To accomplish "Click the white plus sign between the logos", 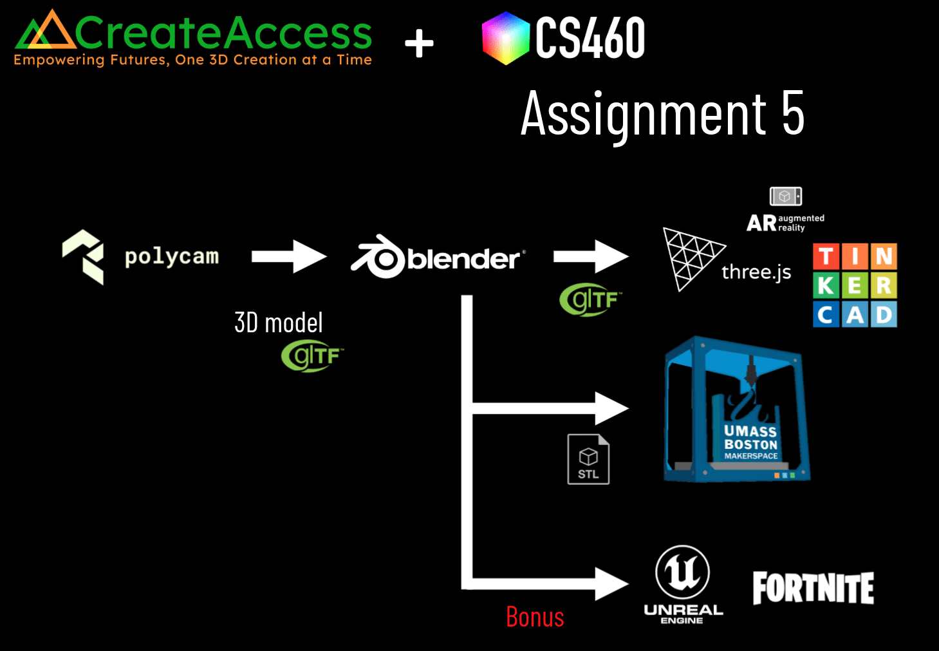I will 419,44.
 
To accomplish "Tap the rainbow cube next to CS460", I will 506,39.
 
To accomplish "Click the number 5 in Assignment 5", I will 793,113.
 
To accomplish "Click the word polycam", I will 172,256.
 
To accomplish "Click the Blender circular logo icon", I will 382,258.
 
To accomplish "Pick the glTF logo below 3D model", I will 312,356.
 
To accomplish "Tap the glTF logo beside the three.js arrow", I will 590,300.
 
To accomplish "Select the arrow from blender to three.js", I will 590,256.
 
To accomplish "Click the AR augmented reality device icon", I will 785,196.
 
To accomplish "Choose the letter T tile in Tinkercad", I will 826,256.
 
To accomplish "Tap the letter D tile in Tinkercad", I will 884,315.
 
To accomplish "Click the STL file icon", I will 588,459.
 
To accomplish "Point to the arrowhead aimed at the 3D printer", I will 611,408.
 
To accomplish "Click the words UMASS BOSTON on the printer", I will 750,438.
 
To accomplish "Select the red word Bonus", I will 535,617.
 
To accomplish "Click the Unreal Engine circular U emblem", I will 682,572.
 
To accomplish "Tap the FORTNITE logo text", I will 813,588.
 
